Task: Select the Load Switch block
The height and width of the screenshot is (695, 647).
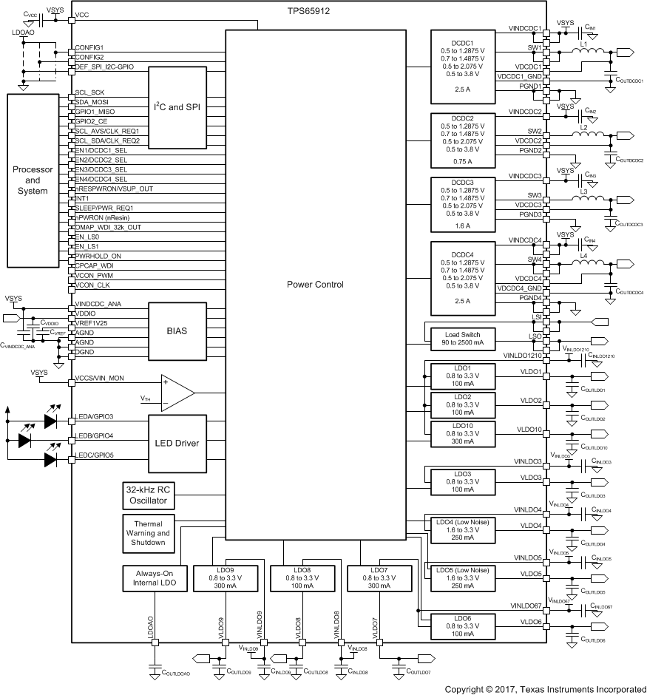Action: coord(458,337)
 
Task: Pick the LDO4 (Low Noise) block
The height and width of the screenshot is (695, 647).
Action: coord(463,529)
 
